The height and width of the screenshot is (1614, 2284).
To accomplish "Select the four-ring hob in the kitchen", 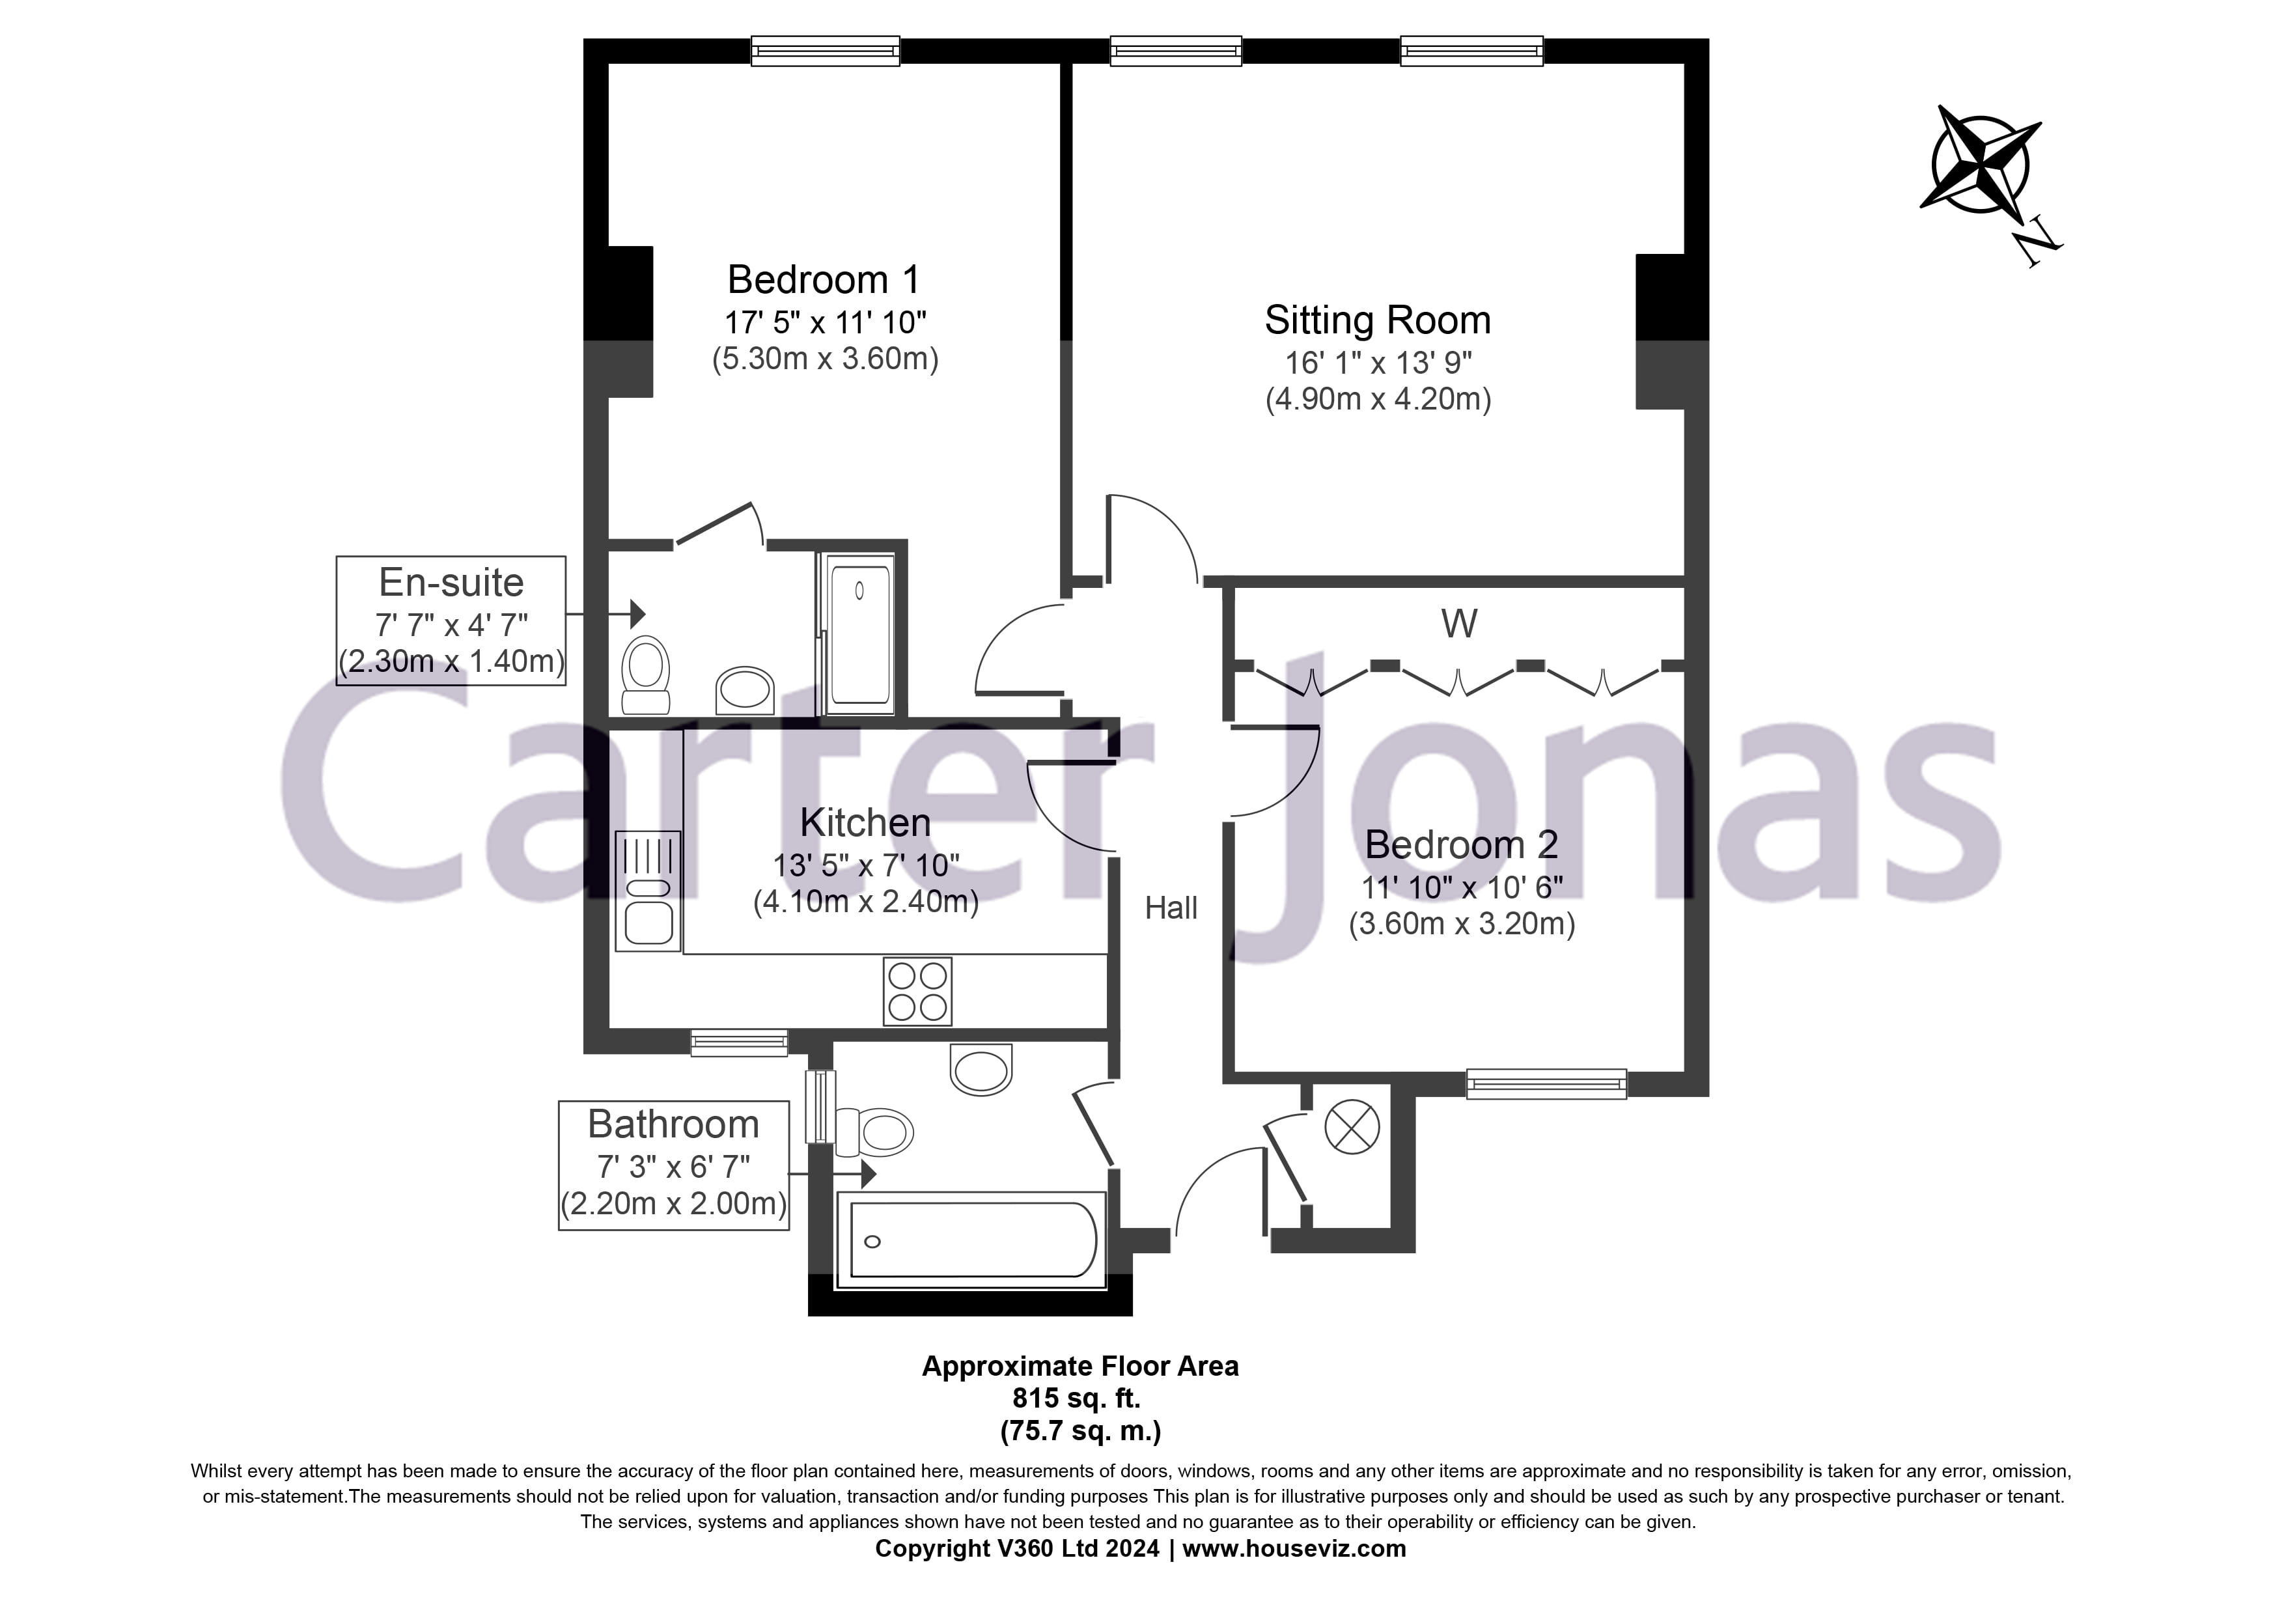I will tap(917, 992).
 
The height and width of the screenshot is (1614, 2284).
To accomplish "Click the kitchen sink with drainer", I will tap(648, 891).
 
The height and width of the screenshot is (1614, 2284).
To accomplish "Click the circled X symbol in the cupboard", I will tap(1352, 1128).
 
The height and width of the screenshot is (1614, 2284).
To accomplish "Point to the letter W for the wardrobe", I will tap(1458, 624).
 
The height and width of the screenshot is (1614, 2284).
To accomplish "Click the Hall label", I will tap(1171, 908).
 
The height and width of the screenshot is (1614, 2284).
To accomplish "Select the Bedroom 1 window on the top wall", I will tap(825, 51).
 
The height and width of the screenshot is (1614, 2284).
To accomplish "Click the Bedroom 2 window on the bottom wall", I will tap(1546, 1084).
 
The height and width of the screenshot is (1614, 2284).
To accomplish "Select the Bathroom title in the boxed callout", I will tap(673, 1125).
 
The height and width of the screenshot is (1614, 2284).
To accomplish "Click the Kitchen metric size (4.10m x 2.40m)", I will tap(865, 902).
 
